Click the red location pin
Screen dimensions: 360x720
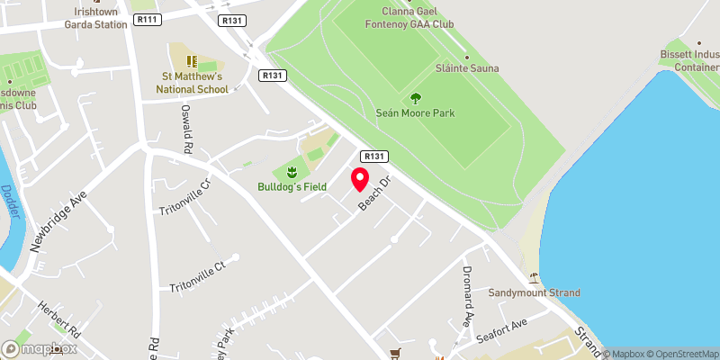click(360, 179)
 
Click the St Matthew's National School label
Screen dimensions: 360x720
click(193, 83)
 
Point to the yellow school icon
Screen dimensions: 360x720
click(191, 61)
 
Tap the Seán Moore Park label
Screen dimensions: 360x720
click(415, 113)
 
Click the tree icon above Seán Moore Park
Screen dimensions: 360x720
click(415, 98)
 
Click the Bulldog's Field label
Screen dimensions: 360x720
click(291, 188)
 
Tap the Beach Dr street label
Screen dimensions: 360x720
click(378, 193)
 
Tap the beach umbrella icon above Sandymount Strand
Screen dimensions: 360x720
click(534, 277)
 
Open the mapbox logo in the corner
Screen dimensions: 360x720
click(40, 348)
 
